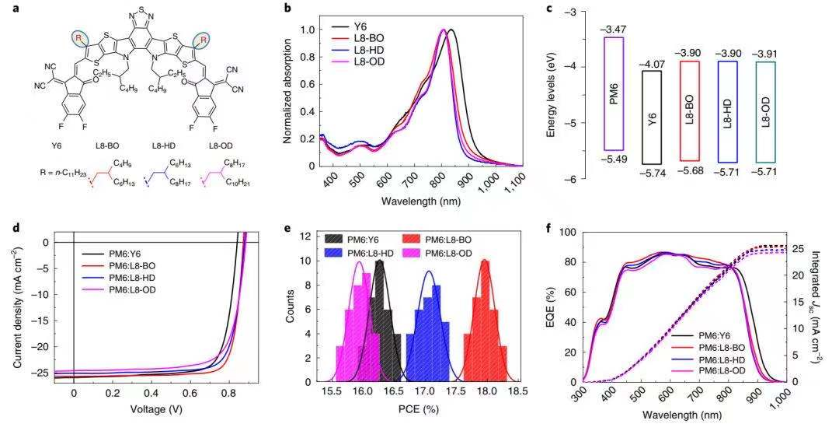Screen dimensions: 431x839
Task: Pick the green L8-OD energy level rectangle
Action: (765, 112)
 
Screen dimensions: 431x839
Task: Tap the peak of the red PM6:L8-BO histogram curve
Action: (486, 260)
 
